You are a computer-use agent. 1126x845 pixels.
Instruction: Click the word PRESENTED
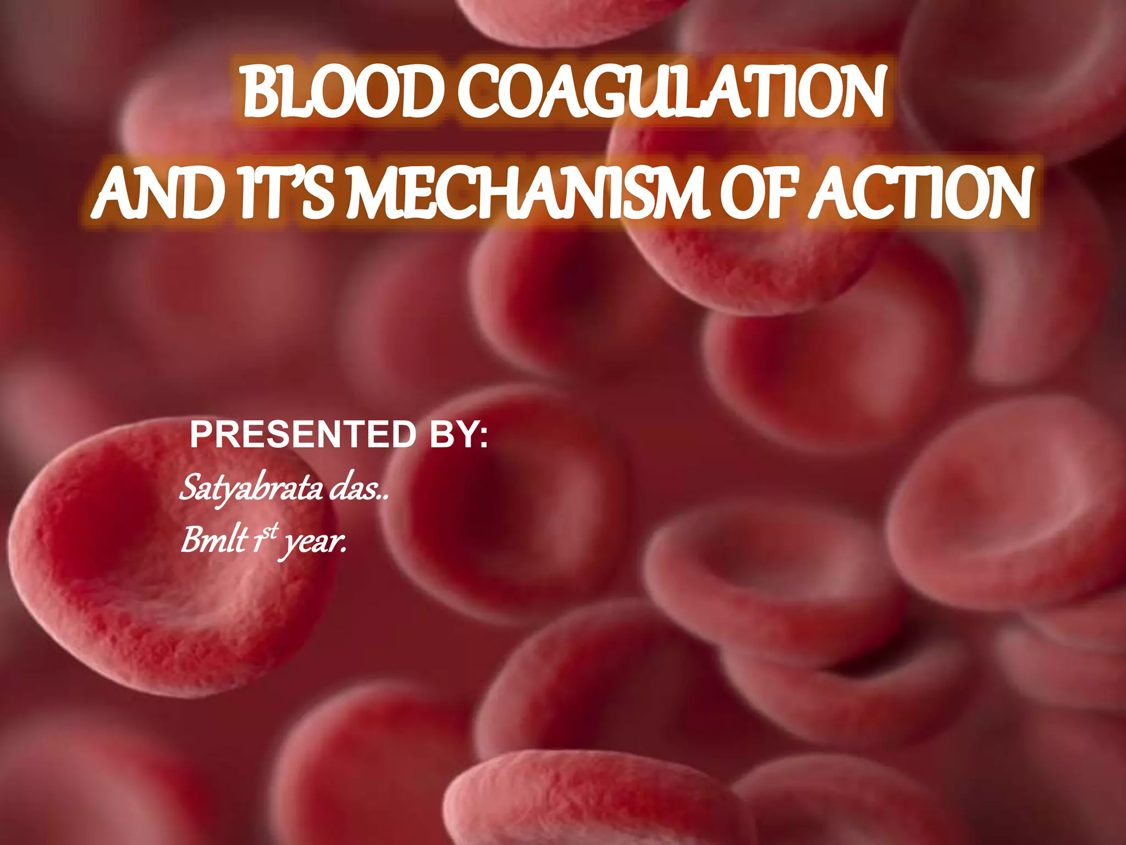[x=303, y=435]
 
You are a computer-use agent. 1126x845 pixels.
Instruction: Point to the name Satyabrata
[x=251, y=489]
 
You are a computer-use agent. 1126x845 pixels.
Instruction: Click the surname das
[x=355, y=489]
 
